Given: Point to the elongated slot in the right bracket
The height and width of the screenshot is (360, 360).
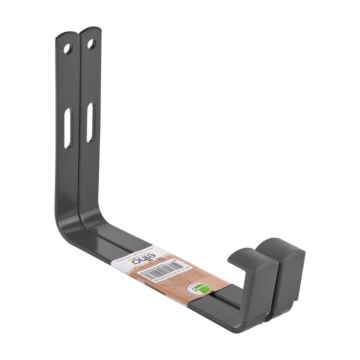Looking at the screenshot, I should click(91, 122).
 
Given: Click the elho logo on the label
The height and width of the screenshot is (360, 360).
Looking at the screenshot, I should click(140, 259).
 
